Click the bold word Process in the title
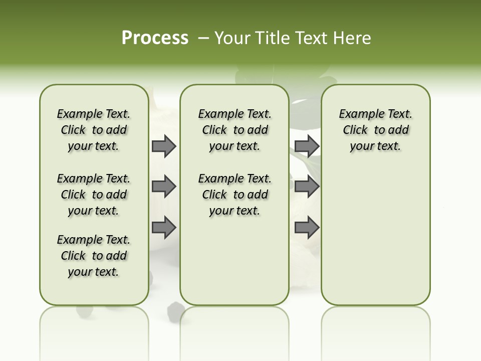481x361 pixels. [x=155, y=38]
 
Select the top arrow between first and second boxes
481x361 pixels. [x=164, y=146]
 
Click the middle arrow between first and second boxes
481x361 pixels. [x=164, y=187]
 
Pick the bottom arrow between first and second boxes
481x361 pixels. [x=164, y=227]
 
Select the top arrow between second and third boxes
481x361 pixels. [x=307, y=146]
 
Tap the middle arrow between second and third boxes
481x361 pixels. [x=307, y=187]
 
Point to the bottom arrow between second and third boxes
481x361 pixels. [x=307, y=227]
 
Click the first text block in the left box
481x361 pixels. [x=94, y=130]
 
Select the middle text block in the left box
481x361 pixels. [x=94, y=195]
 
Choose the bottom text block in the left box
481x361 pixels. [x=94, y=256]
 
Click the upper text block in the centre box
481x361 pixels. [x=234, y=130]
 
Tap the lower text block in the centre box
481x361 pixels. [x=234, y=195]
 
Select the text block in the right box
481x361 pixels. [x=376, y=130]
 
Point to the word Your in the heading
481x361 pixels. [x=231, y=38]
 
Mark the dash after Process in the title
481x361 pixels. [x=203, y=38]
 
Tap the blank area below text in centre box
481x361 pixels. [x=234, y=261]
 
